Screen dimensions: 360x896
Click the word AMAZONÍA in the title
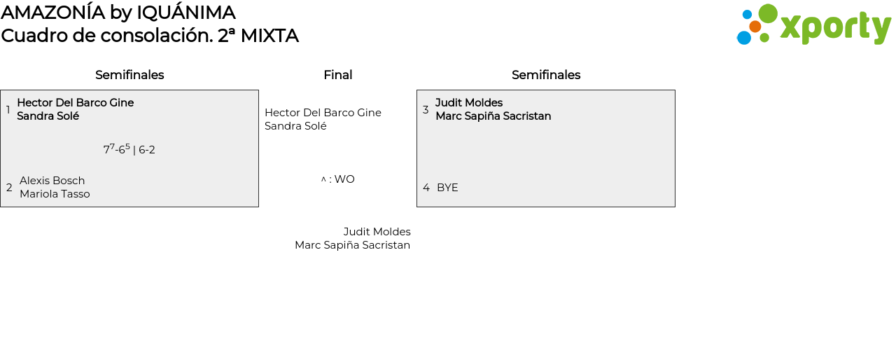(x=53, y=13)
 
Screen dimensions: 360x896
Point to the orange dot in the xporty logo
(x=755, y=27)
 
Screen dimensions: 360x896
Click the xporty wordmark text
(x=835, y=28)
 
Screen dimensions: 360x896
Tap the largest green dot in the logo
(x=768, y=13)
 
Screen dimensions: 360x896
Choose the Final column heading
(x=337, y=75)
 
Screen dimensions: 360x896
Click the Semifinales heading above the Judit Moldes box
(x=546, y=75)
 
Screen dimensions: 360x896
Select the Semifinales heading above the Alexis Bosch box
(x=129, y=75)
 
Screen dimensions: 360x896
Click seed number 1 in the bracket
(x=8, y=110)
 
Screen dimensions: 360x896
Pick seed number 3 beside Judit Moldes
(x=426, y=110)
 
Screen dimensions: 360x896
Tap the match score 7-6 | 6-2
(x=129, y=149)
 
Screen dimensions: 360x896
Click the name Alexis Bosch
(x=52, y=181)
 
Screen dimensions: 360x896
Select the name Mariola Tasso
(x=55, y=194)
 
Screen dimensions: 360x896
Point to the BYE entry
(x=447, y=188)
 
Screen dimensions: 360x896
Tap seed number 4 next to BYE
(x=426, y=188)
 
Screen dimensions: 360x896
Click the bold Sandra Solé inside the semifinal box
(x=48, y=116)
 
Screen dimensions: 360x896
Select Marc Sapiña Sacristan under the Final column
(x=352, y=245)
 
